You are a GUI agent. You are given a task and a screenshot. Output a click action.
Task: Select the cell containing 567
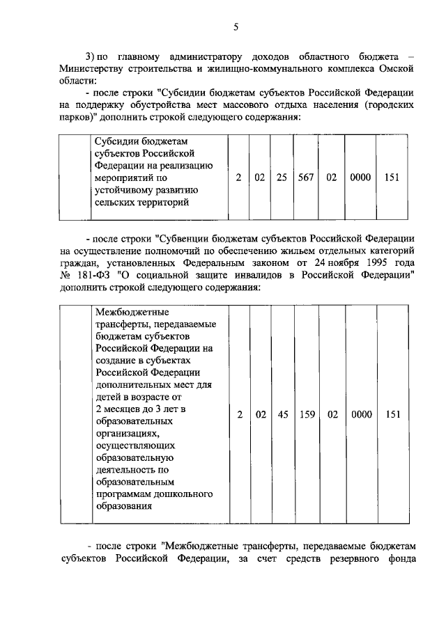[x=305, y=178]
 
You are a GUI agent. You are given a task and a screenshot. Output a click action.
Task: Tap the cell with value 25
[x=282, y=178]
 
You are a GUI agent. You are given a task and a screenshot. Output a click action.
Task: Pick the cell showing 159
[x=307, y=414]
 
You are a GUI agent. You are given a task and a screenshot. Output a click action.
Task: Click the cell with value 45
[x=282, y=414]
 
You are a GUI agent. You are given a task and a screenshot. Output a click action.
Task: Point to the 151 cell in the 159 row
[x=392, y=414]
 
